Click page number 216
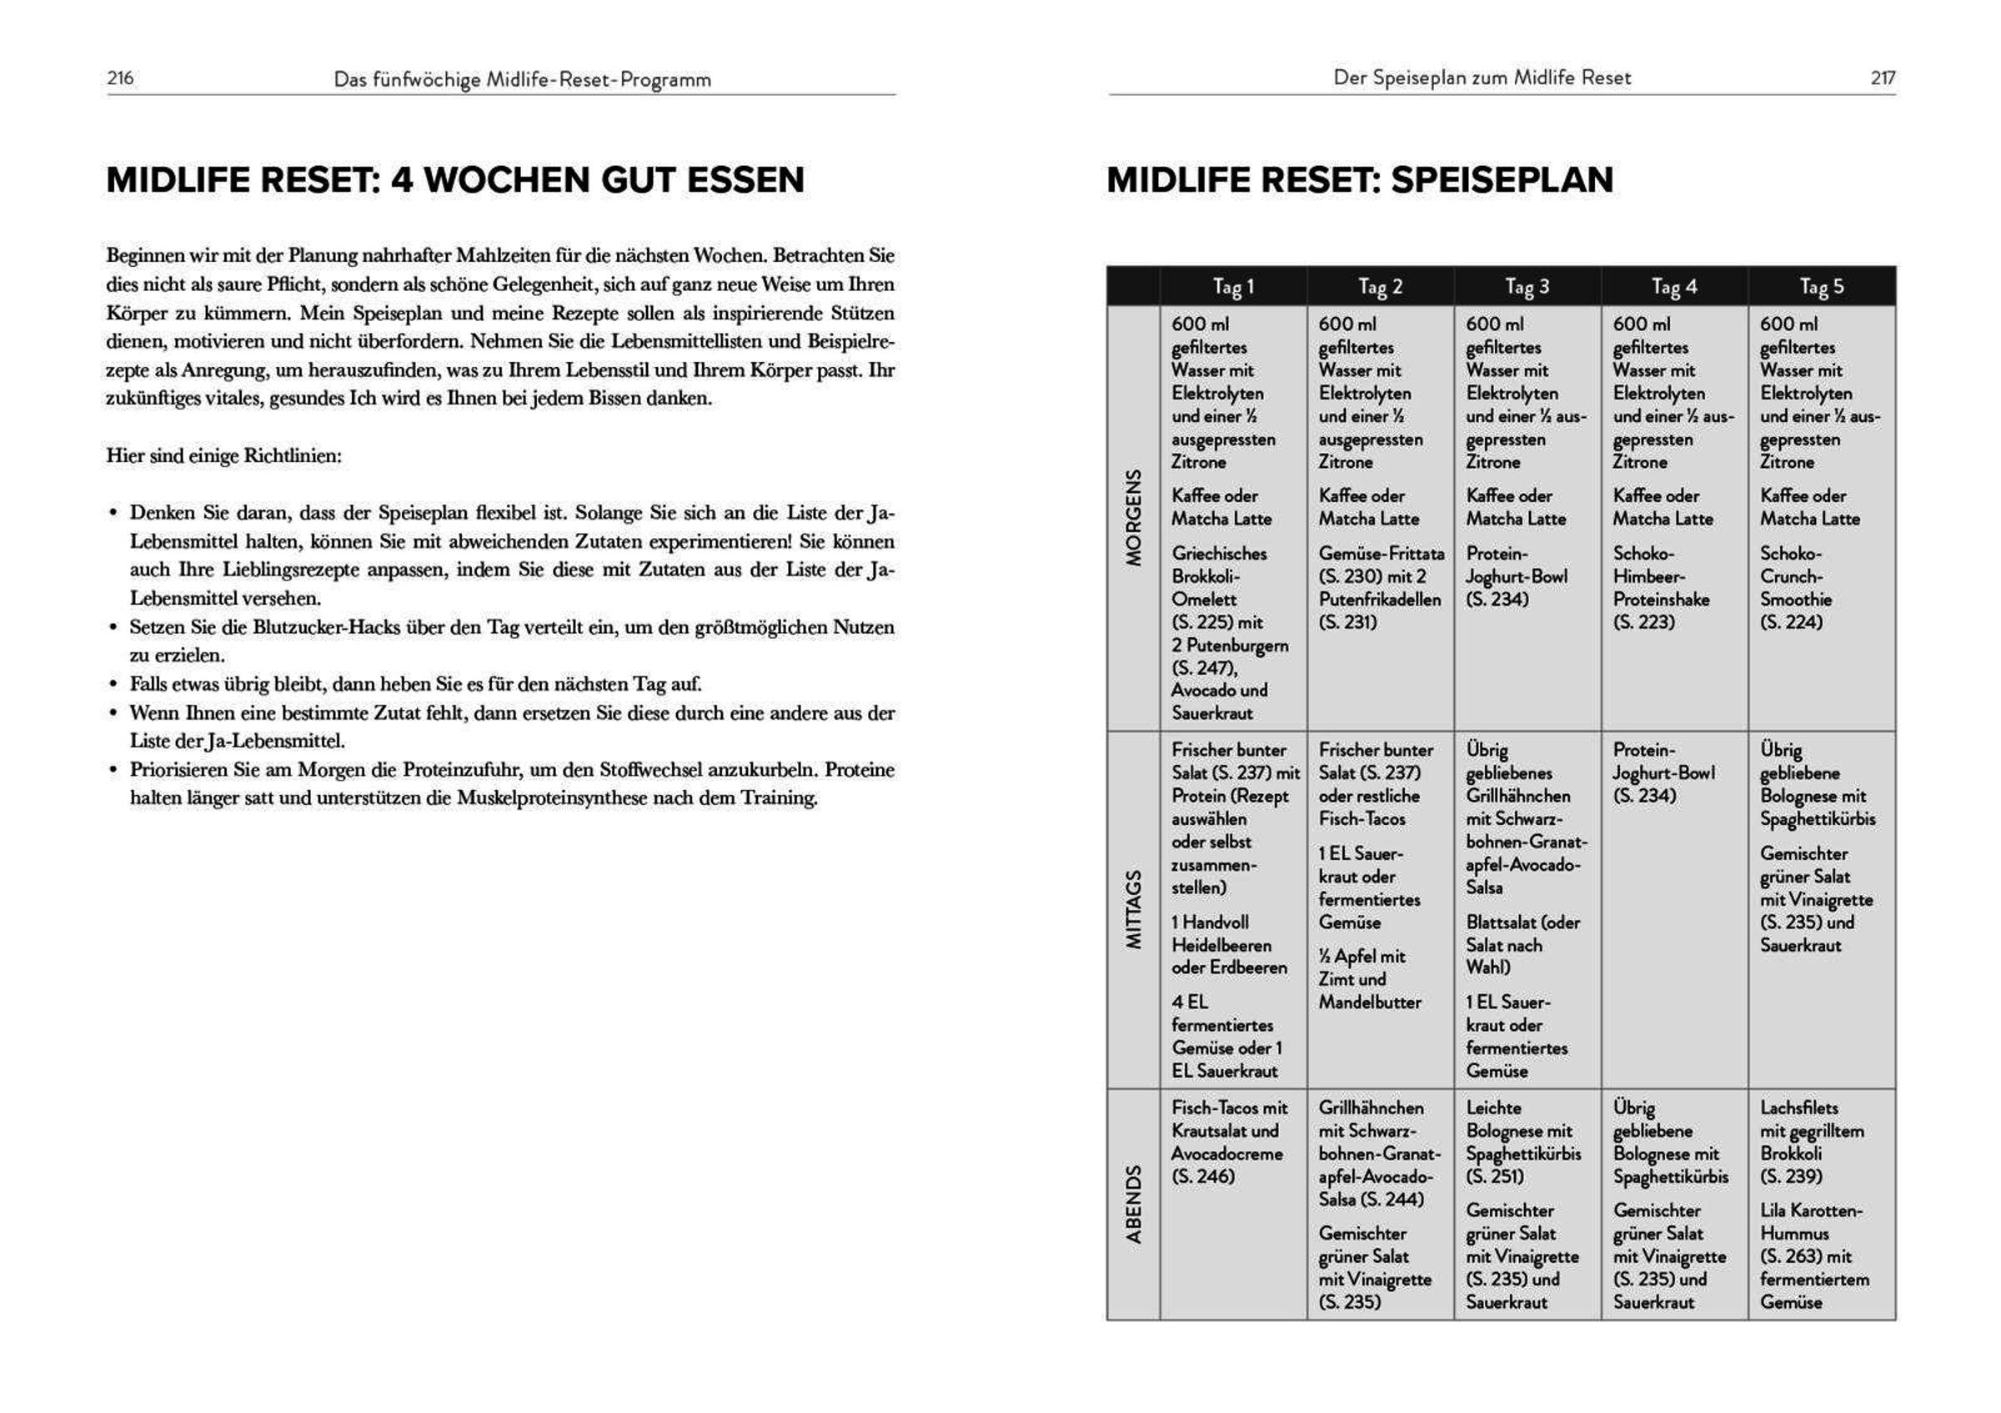120,78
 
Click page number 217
1883,78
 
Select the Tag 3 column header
1527,286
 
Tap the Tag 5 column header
1822,286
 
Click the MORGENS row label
1133,518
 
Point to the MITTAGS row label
1133,909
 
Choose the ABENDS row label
1133,1204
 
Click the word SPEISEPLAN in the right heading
1502,179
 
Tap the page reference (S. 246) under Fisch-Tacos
1203,1177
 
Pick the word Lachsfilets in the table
1798,1108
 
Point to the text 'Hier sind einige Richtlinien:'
224,456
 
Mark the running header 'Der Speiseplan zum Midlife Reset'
1482,78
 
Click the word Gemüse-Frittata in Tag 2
1381,554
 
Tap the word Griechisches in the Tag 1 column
1219,554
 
